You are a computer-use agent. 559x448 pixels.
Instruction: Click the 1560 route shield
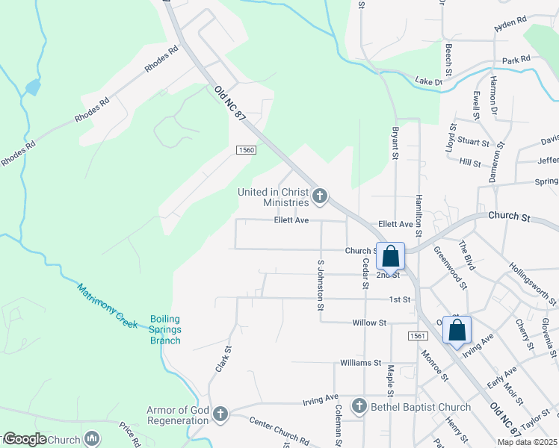247,150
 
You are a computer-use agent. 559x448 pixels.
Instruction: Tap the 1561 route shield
418,336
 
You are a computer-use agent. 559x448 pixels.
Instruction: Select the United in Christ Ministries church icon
320,197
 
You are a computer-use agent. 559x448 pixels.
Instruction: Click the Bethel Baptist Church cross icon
359,407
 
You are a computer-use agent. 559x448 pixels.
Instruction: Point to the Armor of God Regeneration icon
220,414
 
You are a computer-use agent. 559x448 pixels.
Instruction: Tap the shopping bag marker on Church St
390,257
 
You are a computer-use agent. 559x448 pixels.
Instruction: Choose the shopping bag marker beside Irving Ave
457,329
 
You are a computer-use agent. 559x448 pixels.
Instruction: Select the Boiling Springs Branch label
165,329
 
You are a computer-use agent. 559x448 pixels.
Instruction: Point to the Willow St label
370,323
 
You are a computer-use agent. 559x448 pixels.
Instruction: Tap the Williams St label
360,363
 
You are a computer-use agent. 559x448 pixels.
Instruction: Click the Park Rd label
516,60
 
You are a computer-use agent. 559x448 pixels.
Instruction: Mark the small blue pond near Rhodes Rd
32,87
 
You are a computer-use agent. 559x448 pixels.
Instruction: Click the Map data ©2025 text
527,442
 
